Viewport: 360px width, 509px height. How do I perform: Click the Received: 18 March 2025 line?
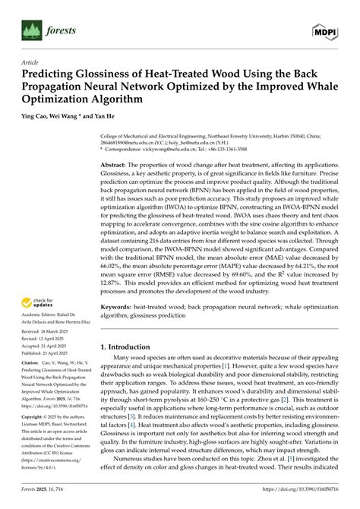[x=46, y=332]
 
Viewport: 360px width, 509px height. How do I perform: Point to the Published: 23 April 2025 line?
[x=47, y=353]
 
